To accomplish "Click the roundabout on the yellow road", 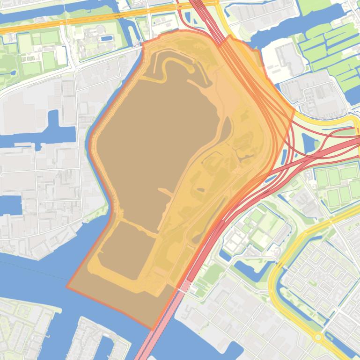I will click(x=318, y=337).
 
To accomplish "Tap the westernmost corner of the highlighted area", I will click(x=67, y=287).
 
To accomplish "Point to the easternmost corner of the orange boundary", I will click(x=294, y=110).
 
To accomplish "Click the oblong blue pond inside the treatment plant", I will click(x=107, y=38).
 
